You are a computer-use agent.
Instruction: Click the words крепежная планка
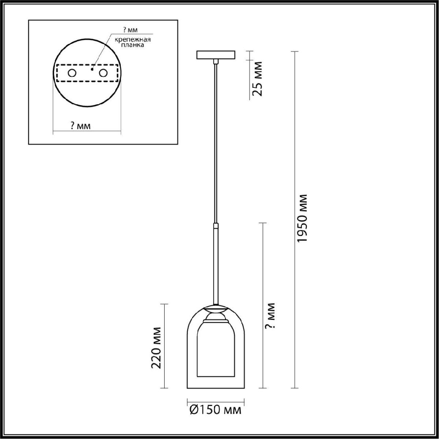(x=132, y=42)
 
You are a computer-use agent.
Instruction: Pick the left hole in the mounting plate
(x=72, y=73)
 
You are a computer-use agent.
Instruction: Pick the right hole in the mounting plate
(x=103, y=73)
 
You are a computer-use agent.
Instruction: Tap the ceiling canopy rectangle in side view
(x=215, y=55)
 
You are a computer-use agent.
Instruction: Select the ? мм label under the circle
(x=80, y=125)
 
